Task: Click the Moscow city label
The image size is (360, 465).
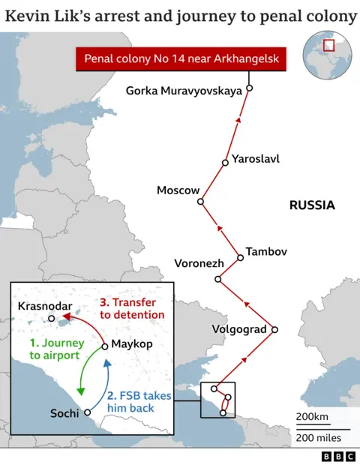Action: point(178,190)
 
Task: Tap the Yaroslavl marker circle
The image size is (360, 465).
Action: point(225,163)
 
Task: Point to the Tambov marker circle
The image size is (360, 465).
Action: point(240,257)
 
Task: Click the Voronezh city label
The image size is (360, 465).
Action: point(199,263)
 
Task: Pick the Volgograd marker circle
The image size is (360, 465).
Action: point(274,329)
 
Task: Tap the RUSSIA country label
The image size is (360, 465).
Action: point(312,205)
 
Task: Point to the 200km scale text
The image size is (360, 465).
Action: point(312,417)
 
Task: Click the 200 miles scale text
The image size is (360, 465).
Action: point(318,436)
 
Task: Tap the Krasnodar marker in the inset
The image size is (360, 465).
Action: point(51,319)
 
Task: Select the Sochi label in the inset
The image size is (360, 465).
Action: point(64,413)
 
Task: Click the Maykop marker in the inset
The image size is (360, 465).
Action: point(105,345)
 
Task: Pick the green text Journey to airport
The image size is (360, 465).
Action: point(54,349)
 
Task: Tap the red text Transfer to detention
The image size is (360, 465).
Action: point(132,308)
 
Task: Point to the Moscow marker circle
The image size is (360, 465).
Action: point(201,200)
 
